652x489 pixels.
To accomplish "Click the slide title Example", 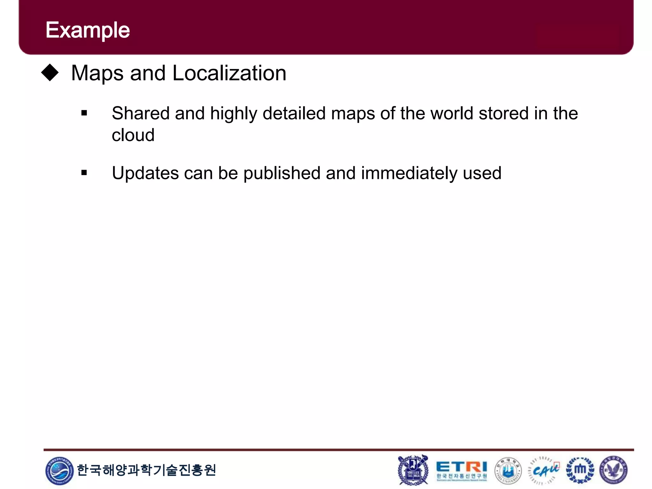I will (88, 30).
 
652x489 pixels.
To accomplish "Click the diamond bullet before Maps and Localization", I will (50, 73).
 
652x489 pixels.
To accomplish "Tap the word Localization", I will (229, 73).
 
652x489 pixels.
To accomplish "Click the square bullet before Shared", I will (84, 113).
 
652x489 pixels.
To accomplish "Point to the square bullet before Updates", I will (84, 173).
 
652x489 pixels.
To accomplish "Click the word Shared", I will (140, 113).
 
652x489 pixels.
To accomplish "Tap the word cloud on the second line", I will (133, 135).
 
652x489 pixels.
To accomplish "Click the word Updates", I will (145, 174).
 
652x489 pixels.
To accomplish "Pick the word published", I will (282, 174).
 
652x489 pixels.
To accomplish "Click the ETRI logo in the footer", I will (461, 470).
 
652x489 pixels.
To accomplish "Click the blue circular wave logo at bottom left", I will (60, 471).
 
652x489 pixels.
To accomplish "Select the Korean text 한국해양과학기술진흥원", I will (146, 470).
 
